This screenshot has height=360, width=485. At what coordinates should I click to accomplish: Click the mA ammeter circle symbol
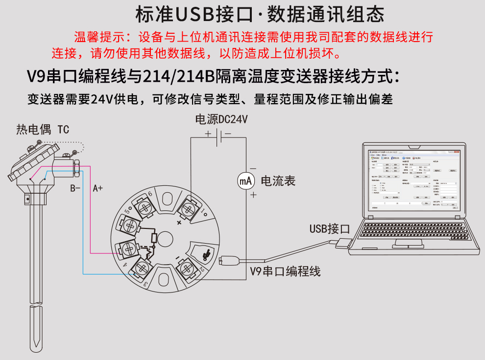pyautogui.click(x=246, y=181)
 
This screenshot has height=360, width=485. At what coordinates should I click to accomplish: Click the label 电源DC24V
pyautogui.click(x=221, y=119)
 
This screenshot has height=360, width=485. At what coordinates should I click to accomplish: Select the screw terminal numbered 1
pyautogui.click(x=188, y=210)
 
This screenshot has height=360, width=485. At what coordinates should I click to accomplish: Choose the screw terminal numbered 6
pyautogui.click(x=144, y=207)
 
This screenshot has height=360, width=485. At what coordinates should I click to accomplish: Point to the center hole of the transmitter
pyautogui.click(x=165, y=239)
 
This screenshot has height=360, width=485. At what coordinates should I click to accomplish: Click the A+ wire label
pyautogui.click(x=98, y=188)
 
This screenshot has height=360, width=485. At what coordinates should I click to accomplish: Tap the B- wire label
pyautogui.click(x=75, y=188)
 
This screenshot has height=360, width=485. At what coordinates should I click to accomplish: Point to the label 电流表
pyautogui.click(x=278, y=180)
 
